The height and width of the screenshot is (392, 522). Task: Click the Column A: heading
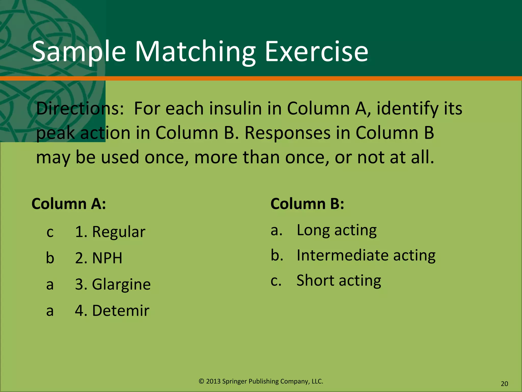[x=69, y=204]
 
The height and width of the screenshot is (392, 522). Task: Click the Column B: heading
[x=307, y=204]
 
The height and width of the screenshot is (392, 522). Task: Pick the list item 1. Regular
[x=110, y=232]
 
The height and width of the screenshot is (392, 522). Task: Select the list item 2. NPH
[x=99, y=258]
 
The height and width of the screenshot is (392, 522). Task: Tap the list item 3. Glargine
[x=113, y=284]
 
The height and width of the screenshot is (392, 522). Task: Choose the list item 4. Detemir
[x=112, y=311]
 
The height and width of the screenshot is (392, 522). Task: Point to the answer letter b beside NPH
[x=50, y=258]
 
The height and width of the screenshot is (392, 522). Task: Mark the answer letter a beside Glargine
[x=50, y=285]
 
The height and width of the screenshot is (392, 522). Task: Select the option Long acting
[x=336, y=230]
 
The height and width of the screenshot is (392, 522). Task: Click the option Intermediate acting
[x=366, y=255]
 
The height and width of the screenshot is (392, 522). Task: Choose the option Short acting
[x=339, y=280]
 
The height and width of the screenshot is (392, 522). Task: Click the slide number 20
[x=504, y=384]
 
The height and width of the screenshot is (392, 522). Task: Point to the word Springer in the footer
[x=234, y=381]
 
